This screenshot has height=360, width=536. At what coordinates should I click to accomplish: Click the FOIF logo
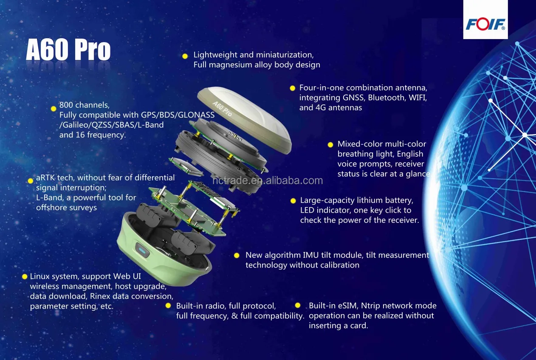[485, 23]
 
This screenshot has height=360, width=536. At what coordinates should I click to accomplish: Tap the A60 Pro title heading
[68, 51]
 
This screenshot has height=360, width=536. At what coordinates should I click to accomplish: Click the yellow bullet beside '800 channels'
[54, 109]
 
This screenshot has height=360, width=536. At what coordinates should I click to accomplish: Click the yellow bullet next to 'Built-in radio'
[168, 306]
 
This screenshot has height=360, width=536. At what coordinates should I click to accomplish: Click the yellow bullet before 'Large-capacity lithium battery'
[293, 200]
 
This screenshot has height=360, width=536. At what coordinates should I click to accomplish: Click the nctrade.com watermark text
[268, 181]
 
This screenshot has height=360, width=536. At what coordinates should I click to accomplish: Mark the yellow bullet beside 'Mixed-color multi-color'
[330, 144]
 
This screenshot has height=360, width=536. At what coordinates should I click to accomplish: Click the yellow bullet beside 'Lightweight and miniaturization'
[185, 56]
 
